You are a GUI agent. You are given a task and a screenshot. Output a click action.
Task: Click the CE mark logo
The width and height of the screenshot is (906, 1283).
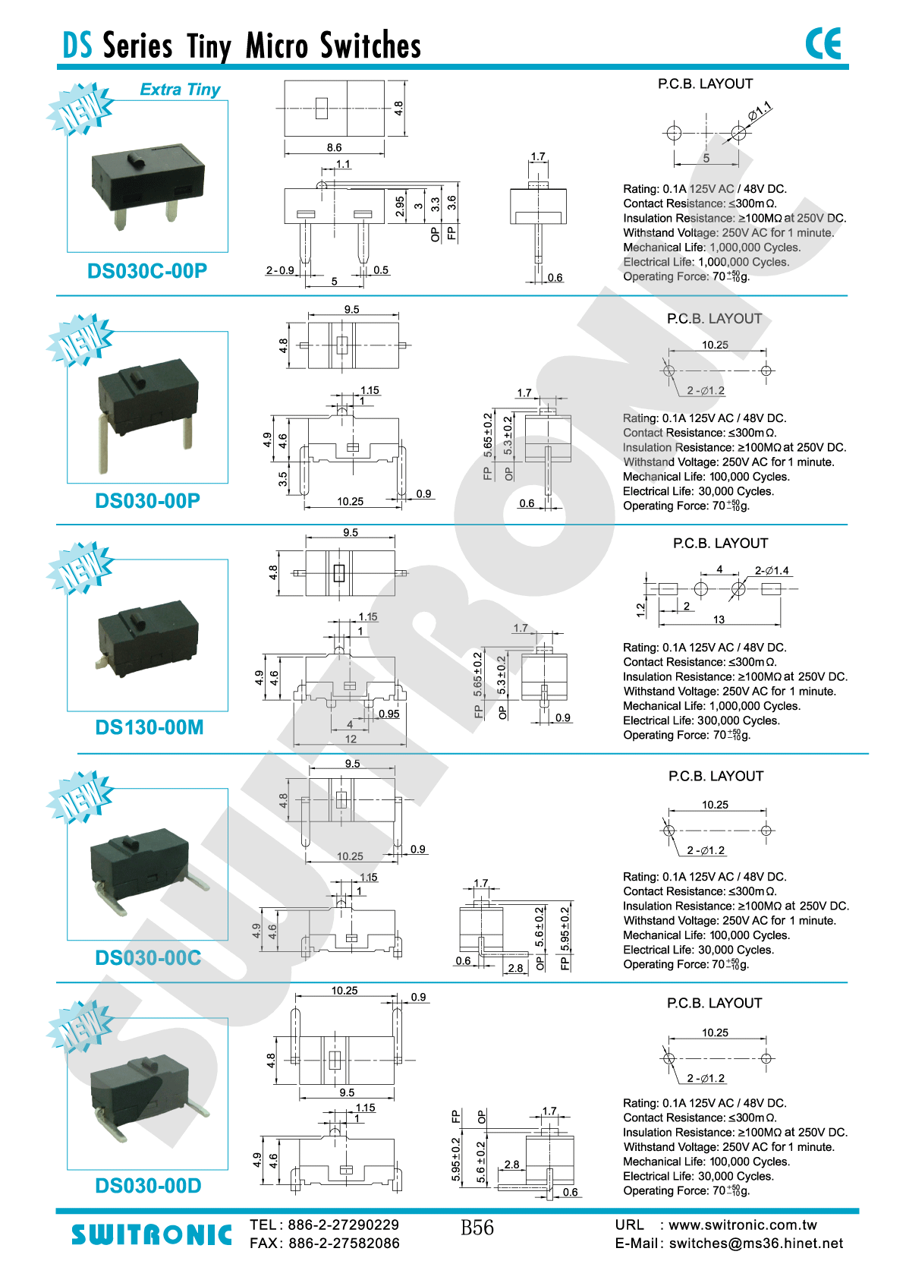pos(823,43)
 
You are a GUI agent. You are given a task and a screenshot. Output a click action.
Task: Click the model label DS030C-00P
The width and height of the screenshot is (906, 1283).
pos(147,271)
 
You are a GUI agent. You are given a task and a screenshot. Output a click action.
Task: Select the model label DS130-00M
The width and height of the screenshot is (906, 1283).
pos(149,727)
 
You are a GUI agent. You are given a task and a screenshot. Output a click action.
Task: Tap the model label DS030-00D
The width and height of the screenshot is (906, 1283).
pos(148,1186)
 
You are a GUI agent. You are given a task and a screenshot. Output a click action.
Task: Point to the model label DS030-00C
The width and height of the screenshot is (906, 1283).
pos(148,958)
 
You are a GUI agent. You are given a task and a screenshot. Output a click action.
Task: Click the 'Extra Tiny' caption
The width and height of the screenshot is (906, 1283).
pos(180,90)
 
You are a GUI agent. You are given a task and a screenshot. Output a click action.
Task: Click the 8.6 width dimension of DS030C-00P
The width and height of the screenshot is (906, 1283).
pos(334,147)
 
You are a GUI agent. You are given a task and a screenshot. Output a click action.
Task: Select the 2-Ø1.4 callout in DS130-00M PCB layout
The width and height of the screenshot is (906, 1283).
pos(772,570)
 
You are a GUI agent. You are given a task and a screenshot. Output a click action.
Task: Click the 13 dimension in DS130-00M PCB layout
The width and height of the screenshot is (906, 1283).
pos(719,619)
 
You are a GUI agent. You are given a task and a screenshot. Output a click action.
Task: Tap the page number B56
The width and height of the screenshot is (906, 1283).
pos(477,1228)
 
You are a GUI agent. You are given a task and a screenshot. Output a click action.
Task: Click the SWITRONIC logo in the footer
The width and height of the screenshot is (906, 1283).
pos(152,1235)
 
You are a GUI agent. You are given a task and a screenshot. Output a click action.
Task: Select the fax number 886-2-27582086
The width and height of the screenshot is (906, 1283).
pos(344,1244)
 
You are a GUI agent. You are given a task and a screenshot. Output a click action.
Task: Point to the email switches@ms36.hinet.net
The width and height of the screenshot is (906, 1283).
pos(756,1244)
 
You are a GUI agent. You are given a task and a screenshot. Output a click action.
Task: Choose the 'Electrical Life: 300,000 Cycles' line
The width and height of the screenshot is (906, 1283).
pos(701,720)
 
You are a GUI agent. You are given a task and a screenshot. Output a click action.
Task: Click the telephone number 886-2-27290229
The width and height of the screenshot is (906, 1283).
pos(344,1225)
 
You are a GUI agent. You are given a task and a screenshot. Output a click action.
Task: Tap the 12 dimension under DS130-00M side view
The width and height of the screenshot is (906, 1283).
pos(351,739)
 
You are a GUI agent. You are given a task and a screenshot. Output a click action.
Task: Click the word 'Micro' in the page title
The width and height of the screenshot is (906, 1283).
pos(277,46)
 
